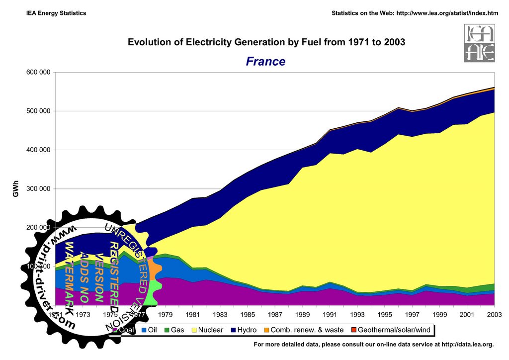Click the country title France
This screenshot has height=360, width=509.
click(x=265, y=62)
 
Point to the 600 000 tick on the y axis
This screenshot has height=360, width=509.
click(x=38, y=73)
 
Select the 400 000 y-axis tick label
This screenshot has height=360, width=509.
click(x=38, y=150)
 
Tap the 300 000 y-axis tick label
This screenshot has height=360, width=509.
click(x=38, y=189)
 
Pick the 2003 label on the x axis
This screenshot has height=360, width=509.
click(x=494, y=314)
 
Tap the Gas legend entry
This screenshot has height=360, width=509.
click(x=174, y=330)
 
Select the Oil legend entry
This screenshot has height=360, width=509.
click(x=149, y=330)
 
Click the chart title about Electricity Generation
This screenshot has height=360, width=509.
click(x=266, y=42)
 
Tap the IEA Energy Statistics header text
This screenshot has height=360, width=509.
click(x=56, y=13)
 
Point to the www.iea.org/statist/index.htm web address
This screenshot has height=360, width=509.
click(x=446, y=13)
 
